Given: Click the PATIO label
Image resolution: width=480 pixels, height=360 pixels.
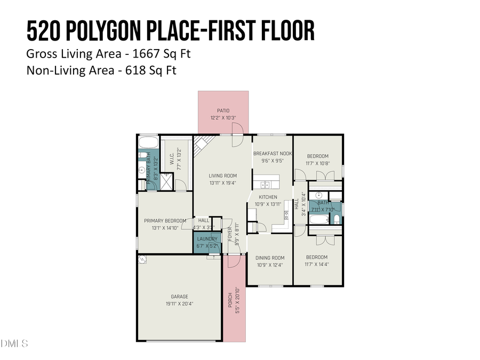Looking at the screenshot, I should [x=223, y=111].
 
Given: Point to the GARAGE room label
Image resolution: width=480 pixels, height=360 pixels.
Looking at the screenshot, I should [x=179, y=297].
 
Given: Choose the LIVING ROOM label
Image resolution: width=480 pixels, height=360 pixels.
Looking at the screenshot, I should [x=222, y=175].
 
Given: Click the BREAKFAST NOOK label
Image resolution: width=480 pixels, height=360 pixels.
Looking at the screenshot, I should [x=272, y=153].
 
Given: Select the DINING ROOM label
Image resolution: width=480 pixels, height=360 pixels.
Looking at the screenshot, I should [x=270, y=258].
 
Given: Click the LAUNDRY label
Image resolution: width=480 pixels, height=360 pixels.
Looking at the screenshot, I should [x=207, y=239].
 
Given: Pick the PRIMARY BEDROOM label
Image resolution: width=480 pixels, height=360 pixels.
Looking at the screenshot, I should [x=165, y=221].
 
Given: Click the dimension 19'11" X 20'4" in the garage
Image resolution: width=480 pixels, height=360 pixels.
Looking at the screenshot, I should [x=179, y=303].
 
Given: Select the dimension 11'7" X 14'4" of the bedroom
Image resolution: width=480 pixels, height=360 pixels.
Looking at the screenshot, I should [x=317, y=264].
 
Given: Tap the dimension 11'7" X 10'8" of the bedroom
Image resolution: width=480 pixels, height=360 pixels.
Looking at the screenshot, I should [x=317, y=163].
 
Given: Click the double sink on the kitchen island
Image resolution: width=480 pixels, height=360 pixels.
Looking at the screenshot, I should [x=264, y=185].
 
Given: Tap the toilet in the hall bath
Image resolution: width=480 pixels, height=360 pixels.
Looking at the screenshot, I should [x=337, y=220].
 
